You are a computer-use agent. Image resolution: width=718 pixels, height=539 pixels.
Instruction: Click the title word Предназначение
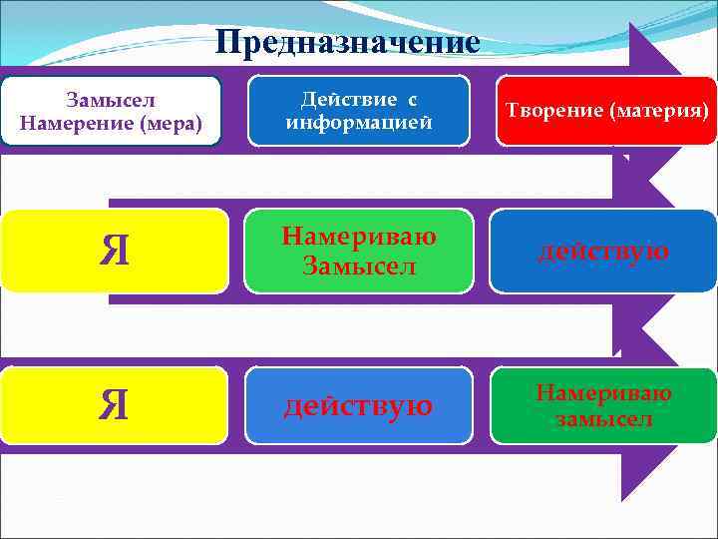coord(348,42)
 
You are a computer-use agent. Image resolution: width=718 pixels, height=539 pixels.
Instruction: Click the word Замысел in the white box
coord(110,101)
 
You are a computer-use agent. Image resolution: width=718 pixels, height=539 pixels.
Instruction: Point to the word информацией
coord(358,123)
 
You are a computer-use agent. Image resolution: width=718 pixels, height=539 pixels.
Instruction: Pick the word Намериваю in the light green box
coord(358,237)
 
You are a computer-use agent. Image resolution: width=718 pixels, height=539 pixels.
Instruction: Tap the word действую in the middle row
coord(603,250)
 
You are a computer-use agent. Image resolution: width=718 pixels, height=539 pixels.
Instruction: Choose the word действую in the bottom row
coord(358,405)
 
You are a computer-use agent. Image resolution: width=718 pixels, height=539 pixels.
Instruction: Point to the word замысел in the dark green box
coord(603,418)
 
